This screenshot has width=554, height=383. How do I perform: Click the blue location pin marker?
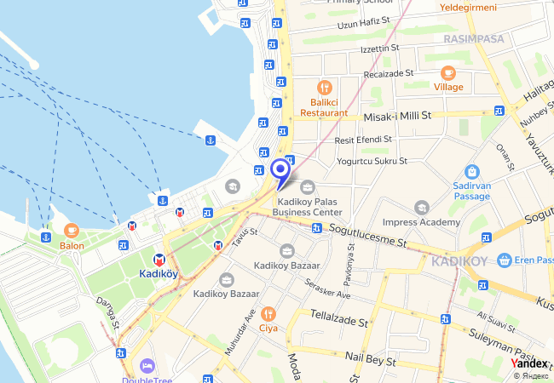point(280,171)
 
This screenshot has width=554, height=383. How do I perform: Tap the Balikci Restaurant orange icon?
point(324,88)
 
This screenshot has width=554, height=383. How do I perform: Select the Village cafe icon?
point(448,72)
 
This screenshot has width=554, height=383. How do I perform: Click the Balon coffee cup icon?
point(72,230)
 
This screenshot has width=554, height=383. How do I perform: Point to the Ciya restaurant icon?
point(268,312)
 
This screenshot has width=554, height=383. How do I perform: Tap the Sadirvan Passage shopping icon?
point(472,172)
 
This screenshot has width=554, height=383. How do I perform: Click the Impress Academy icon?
point(421,207)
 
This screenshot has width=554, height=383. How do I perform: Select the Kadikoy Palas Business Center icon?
point(308,186)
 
